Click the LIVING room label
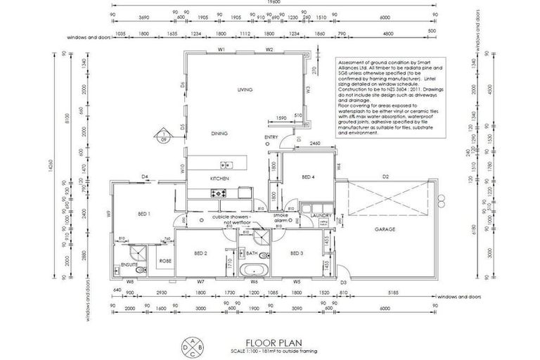tap(245, 91)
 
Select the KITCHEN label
tap(219, 179)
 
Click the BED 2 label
tap(201, 253)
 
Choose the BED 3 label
tap(296, 253)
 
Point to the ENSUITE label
tap(129, 265)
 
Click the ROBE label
tap(164, 261)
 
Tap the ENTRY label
tap(271, 137)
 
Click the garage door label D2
tap(385, 176)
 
